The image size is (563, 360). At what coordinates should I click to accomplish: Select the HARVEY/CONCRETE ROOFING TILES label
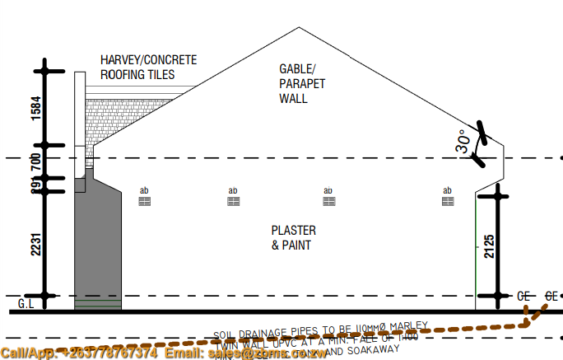click(149, 68)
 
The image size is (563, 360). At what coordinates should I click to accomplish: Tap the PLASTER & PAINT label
click(293, 238)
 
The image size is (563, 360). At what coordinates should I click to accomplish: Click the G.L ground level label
click(26, 304)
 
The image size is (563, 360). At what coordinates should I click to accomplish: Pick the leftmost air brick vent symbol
click(144, 200)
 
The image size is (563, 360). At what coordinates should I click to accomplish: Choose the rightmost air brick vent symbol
click(448, 200)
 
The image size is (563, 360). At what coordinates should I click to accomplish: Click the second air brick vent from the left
click(234, 200)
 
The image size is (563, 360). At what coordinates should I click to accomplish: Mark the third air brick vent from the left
click(328, 200)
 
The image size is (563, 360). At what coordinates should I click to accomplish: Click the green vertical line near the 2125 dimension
click(477, 247)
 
